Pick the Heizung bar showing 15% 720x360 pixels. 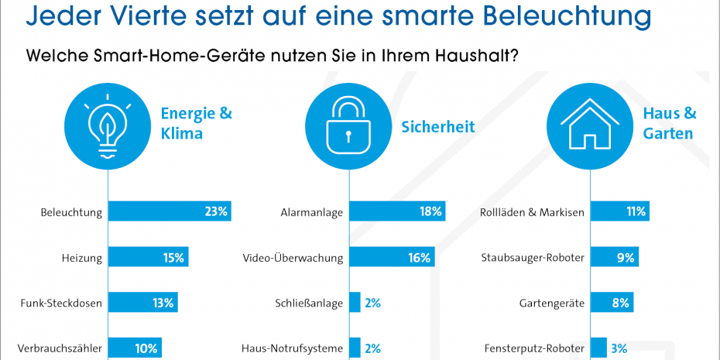148,258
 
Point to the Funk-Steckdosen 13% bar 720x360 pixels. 143,303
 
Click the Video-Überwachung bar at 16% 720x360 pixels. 392,258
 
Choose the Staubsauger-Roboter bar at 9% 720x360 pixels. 615,258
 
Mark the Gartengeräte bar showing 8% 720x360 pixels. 612,303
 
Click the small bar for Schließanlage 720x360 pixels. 355,303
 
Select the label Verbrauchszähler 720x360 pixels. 60,348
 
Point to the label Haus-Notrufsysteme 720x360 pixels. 292,348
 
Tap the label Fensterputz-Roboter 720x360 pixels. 533,348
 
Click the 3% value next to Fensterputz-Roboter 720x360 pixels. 619,348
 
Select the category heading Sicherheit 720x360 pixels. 437,125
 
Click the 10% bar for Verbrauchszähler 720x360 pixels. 135,348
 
